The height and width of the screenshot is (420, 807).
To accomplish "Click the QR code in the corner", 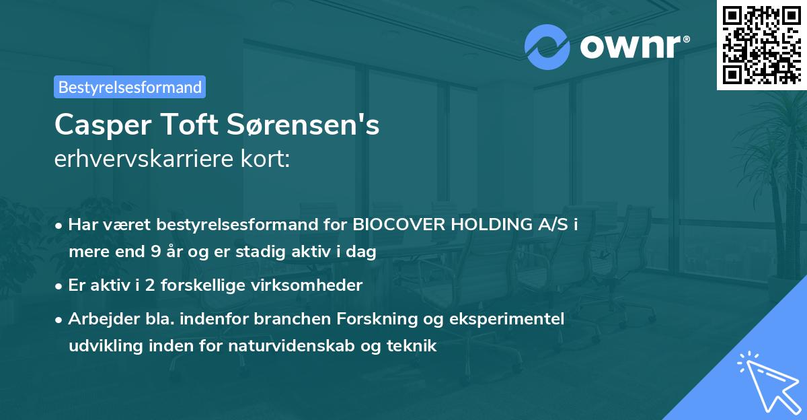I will coord(761,45).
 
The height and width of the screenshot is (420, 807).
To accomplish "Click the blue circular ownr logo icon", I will coord(547,46).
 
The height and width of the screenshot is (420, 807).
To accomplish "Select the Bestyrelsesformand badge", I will coord(130,87).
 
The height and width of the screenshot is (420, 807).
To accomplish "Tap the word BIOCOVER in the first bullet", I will coord(389,225).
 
